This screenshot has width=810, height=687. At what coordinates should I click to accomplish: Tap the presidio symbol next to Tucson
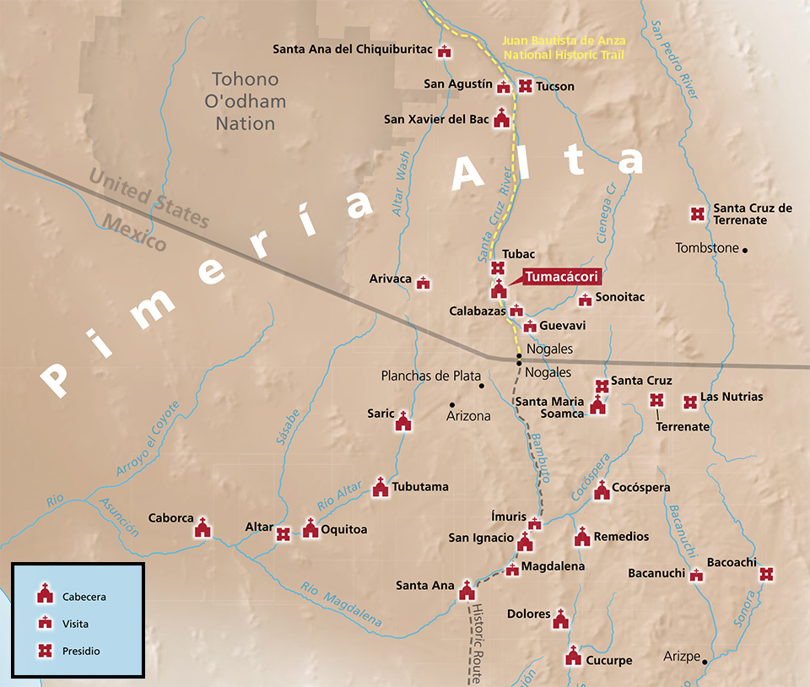pyautogui.click(x=525, y=86)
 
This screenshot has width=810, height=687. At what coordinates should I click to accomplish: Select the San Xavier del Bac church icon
pyautogui.click(x=502, y=118)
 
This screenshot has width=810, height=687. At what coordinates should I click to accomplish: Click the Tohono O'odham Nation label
pyautogui.click(x=245, y=101)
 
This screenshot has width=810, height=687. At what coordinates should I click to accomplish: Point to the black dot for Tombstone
pyautogui.click(x=745, y=249)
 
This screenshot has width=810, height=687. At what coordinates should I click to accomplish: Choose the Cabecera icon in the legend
pyautogui.click(x=46, y=595)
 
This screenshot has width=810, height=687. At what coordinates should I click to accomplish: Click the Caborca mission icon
pyautogui.click(x=202, y=528)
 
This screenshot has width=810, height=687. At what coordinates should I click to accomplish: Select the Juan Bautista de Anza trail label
pyautogui.click(x=563, y=47)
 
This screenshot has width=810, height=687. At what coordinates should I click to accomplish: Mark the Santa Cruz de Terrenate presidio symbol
pyautogui.click(x=698, y=214)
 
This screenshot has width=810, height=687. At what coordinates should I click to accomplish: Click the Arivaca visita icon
pyautogui.click(x=424, y=283)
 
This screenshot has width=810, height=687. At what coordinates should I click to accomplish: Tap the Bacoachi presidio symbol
pyautogui.click(x=766, y=574)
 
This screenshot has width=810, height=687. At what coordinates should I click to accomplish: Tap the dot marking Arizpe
pyautogui.click(x=705, y=661)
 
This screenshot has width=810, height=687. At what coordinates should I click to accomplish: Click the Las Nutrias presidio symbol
pyautogui.click(x=689, y=403)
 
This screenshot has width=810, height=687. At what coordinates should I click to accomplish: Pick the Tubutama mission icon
pyautogui.click(x=381, y=487)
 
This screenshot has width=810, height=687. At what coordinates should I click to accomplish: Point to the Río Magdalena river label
pyautogui.click(x=340, y=605)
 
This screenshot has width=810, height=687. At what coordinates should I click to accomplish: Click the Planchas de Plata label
pyautogui.click(x=430, y=376)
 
